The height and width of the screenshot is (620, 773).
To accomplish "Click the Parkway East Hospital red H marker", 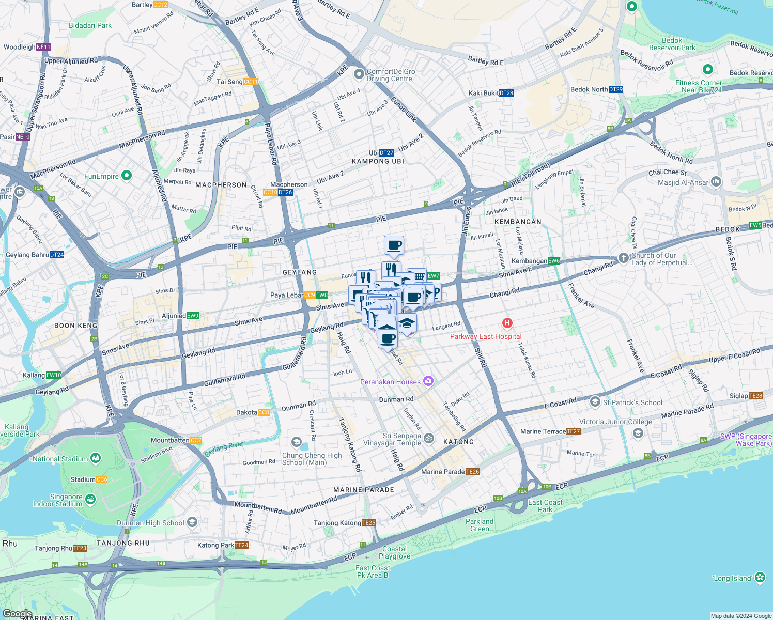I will (x=507, y=323).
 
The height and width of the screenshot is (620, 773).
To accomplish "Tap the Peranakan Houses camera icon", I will (x=428, y=382).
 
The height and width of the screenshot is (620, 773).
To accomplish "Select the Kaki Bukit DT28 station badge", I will (x=506, y=93).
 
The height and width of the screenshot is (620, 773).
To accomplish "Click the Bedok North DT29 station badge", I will (x=616, y=89).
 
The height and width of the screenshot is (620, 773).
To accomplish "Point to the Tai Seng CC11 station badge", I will (x=251, y=82).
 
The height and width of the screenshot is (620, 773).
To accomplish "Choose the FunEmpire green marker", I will (x=127, y=176).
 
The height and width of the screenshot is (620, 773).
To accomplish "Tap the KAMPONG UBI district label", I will (x=378, y=161).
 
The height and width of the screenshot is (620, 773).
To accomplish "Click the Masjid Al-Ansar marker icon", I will (x=716, y=181).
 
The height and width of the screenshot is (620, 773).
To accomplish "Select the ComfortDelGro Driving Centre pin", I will (x=359, y=75).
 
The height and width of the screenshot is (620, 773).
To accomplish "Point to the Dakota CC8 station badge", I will (x=264, y=412).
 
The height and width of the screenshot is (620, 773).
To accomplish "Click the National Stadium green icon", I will (x=95, y=458).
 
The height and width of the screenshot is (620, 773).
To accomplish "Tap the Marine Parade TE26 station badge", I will (x=472, y=472).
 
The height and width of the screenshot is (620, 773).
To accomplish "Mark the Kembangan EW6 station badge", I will (x=554, y=261).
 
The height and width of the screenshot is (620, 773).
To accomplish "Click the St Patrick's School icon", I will (x=595, y=402).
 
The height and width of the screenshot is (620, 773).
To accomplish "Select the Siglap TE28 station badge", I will (x=755, y=396).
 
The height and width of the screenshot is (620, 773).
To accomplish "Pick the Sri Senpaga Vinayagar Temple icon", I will (x=429, y=439).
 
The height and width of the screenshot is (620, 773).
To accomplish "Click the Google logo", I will (x=17, y=614).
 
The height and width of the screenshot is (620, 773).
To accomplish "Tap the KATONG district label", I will (x=458, y=442).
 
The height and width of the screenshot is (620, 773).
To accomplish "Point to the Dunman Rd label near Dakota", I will (x=298, y=407).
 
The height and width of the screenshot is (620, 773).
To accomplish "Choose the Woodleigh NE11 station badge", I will (x=43, y=47).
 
